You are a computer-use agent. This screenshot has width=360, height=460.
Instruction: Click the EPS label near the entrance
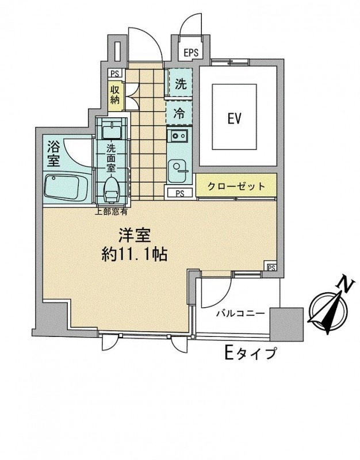point(191,53)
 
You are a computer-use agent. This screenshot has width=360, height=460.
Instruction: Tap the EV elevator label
point(233,119)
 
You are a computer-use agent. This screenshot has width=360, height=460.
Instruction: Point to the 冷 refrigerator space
point(180,113)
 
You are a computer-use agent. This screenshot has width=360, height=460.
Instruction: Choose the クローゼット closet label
point(236,186)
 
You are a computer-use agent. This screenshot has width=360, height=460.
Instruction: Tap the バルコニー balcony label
point(240,313)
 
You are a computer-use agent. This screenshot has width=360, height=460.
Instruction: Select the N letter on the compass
point(344,283)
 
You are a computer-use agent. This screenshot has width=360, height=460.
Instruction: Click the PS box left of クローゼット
point(179,193)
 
